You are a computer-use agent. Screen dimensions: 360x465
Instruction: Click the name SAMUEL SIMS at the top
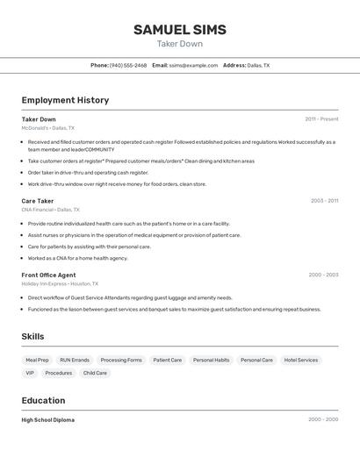[x=180, y=30]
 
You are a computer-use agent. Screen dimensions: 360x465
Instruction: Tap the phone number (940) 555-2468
[x=128, y=65]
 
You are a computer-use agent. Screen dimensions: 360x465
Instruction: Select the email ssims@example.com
[x=193, y=65]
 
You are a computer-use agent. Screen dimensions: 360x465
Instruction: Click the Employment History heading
[x=65, y=100]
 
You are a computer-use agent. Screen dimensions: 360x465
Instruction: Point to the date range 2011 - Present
[x=321, y=119]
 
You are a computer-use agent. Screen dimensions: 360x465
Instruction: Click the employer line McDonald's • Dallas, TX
[x=47, y=128]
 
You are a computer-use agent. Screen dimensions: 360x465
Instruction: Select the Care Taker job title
[x=38, y=201]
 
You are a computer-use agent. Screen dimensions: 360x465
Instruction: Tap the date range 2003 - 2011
[x=324, y=201]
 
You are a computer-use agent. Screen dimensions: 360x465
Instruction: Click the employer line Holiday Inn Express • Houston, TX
[x=60, y=283]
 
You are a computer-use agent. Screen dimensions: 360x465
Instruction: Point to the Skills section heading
[x=32, y=336]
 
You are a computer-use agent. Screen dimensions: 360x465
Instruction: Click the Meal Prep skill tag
[x=37, y=360]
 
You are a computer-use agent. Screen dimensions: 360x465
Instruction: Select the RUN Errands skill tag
[x=75, y=360]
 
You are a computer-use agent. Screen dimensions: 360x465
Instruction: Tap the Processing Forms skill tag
[x=121, y=360]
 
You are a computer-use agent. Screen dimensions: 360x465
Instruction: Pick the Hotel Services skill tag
[x=301, y=360]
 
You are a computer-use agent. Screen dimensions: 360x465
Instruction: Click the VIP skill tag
[x=30, y=373]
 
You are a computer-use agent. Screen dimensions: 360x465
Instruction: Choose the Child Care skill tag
[x=95, y=373]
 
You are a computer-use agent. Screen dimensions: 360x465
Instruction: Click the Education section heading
[x=43, y=400]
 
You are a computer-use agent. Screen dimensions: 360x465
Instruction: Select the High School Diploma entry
[x=48, y=420]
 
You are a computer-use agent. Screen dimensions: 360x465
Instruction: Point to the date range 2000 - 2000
[x=323, y=420]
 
